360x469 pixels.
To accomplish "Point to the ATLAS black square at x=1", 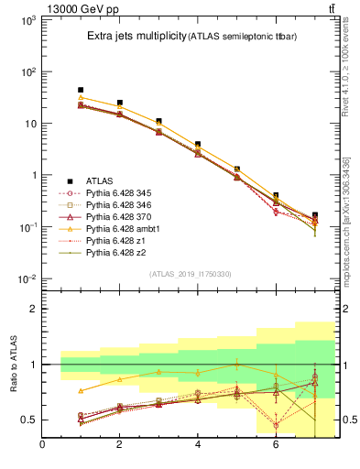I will [81, 91].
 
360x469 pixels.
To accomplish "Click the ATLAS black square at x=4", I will [198, 145].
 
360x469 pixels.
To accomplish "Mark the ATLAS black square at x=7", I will [314, 215].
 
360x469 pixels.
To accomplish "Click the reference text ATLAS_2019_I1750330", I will [189, 274].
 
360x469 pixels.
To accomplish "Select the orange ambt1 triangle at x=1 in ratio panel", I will [81, 390].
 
